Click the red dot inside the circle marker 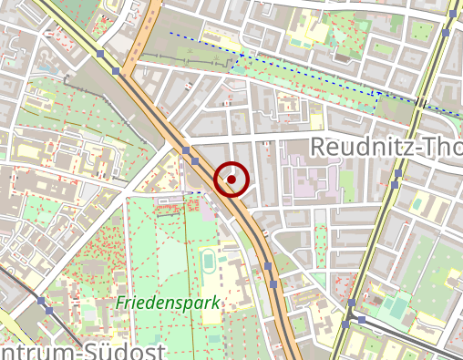coord(232,180)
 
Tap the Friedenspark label coord(167,302)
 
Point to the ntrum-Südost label coord(82,351)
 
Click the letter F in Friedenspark coord(120,301)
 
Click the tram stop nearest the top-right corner coord(446,32)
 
